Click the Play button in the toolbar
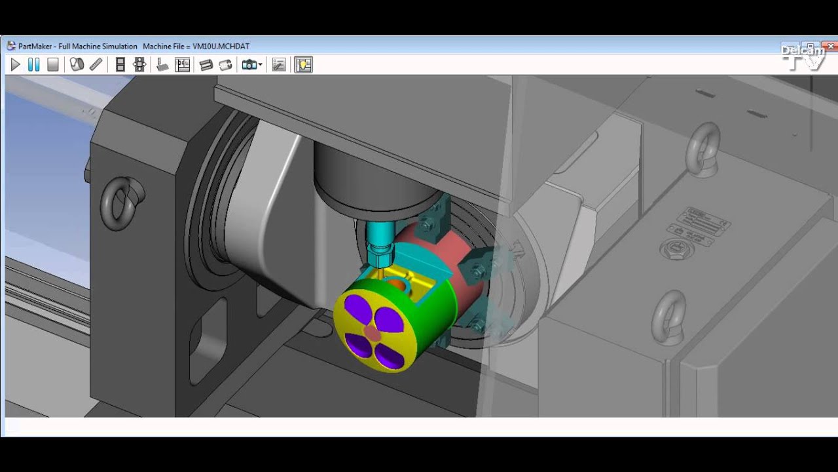(15, 64)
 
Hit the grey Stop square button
(53, 64)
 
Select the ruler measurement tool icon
(96, 64)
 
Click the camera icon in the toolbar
(249, 64)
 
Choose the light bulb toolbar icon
(303, 64)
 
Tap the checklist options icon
(279, 64)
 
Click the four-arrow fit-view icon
(139, 64)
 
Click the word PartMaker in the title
(37, 47)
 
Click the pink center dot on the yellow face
(371, 334)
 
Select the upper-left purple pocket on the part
(356, 309)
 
